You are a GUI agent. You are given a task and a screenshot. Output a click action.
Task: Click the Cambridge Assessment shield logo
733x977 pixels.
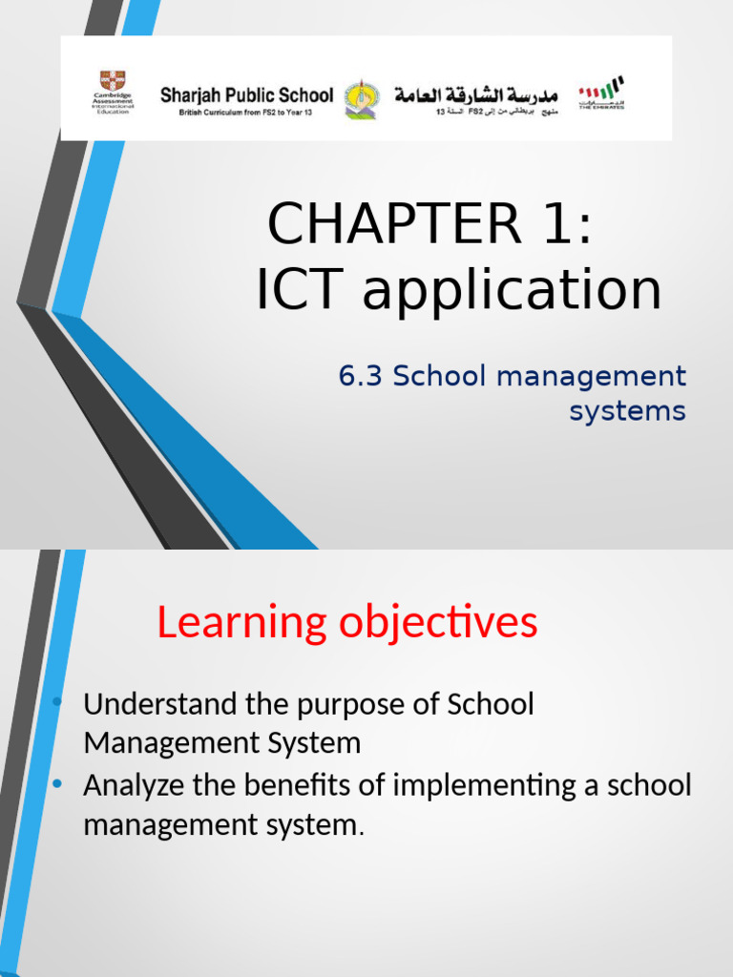[x=113, y=80]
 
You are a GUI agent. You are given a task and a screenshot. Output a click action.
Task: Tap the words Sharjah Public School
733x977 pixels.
[x=246, y=94]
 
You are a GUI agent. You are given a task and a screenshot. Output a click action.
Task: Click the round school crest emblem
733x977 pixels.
[x=360, y=98]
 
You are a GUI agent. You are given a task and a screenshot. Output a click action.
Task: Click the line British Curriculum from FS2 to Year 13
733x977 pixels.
[x=246, y=112]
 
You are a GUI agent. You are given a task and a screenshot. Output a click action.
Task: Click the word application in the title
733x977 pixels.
[x=512, y=291]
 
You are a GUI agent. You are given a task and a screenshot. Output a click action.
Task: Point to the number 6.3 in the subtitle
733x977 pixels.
[x=360, y=376]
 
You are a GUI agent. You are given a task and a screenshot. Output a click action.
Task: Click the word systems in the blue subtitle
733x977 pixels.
[x=627, y=411]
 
